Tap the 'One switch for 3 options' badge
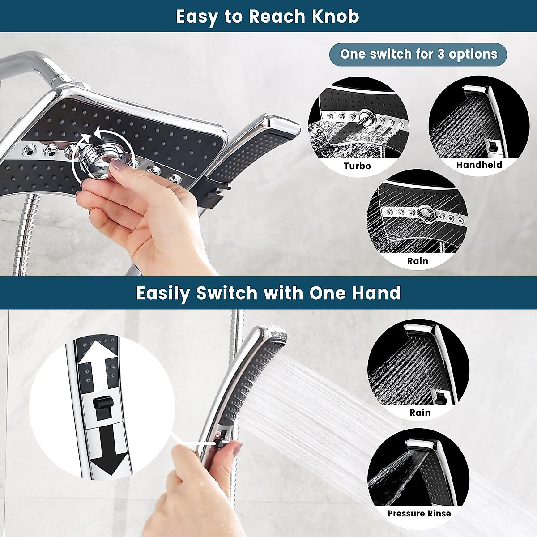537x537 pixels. (418, 55)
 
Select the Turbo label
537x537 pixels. (357, 166)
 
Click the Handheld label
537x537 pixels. (479, 165)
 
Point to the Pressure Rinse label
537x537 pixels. (419, 513)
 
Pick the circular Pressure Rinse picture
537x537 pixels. (418, 470)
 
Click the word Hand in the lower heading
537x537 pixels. (376, 294)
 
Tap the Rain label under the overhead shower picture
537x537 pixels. (418, 261)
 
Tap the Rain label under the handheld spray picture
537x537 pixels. (420, 413)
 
